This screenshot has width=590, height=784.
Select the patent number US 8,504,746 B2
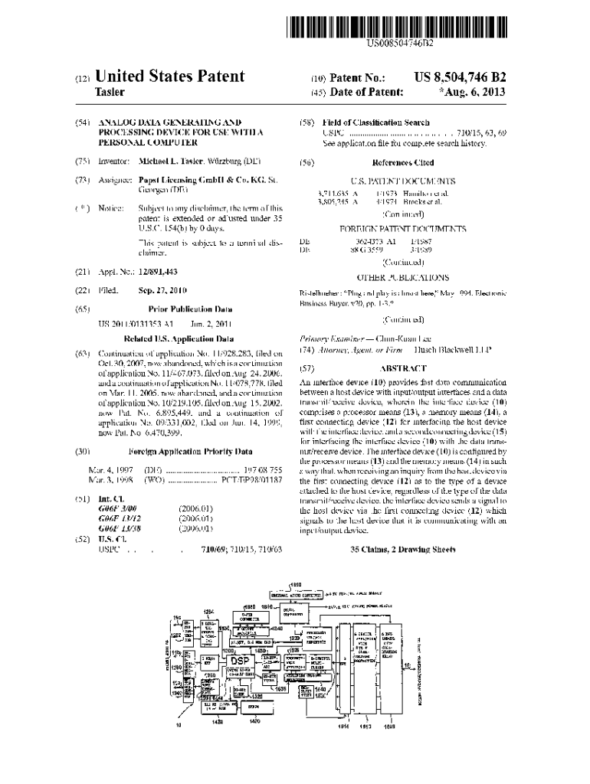(460, 77)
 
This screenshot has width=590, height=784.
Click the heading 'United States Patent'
(169, 76)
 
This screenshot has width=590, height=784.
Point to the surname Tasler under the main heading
(110, 93)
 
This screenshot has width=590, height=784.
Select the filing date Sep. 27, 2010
(163, 291)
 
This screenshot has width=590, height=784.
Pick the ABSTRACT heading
(402, 367)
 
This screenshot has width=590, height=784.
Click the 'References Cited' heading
(402, 162)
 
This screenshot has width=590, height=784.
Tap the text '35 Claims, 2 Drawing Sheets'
(402, 550)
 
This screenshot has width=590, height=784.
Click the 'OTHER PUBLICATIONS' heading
(402, 278)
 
